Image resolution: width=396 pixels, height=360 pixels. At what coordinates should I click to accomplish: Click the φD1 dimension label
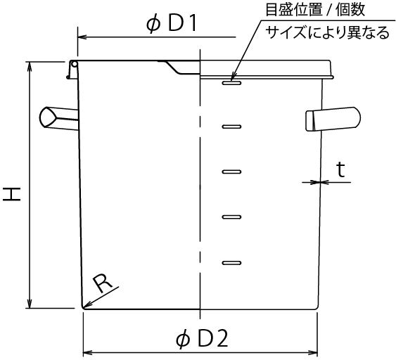click(171, 25)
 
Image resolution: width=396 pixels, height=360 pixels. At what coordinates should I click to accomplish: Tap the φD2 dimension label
click(202, 340)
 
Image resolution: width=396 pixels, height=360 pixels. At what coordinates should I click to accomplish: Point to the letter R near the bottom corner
click(102, 284)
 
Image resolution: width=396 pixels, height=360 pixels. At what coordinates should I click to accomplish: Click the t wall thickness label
click(340, 169)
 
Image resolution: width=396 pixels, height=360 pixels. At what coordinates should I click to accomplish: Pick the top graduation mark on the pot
click(231, 82)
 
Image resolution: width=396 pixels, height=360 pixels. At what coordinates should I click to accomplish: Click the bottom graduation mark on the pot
click(231, 263)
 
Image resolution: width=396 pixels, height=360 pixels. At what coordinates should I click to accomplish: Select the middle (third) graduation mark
click(231, 172)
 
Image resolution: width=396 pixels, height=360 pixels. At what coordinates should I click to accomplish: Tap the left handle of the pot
click(58, 118)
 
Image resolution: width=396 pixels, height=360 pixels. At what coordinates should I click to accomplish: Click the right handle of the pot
click(333, 119)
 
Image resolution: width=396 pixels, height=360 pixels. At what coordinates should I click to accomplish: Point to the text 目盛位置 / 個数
click(315, 10)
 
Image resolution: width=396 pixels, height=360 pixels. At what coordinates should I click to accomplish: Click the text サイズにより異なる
click(327, 32)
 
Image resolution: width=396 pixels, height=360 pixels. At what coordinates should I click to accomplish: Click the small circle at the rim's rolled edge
click(75, 64)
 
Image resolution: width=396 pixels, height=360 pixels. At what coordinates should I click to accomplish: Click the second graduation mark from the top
click(231, 127)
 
